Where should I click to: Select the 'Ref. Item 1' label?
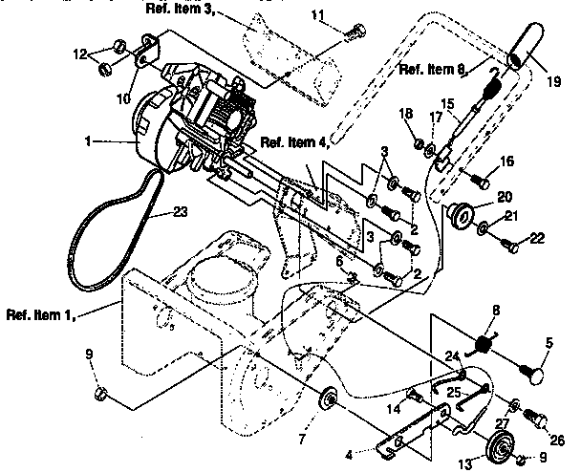[x=39, y=312]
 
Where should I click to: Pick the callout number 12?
[x=106, y=53]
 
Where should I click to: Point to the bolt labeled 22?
[x=513, y=246]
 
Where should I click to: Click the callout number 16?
[x=506, y=161]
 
